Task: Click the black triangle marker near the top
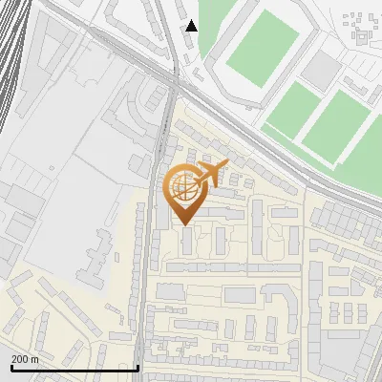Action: coord(192,26)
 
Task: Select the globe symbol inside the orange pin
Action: coord(182,187)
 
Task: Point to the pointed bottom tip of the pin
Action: coord(184,223)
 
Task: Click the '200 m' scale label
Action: coord(25,359)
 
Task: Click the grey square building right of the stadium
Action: coord(326,66)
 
